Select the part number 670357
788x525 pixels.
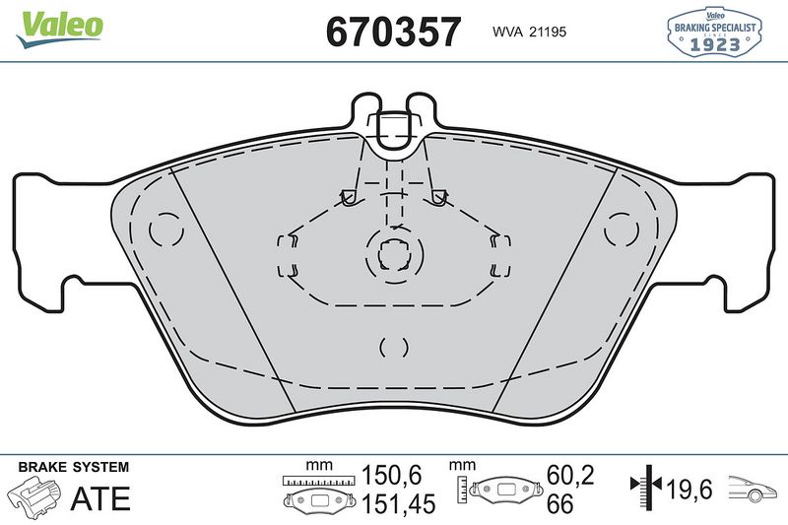tap(393, 31)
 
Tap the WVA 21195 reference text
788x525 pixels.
tap(527, 32)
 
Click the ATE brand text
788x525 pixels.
tap(99, 498)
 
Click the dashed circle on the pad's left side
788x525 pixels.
tap(165, 230)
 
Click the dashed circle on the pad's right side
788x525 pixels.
tap(622, 230)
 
